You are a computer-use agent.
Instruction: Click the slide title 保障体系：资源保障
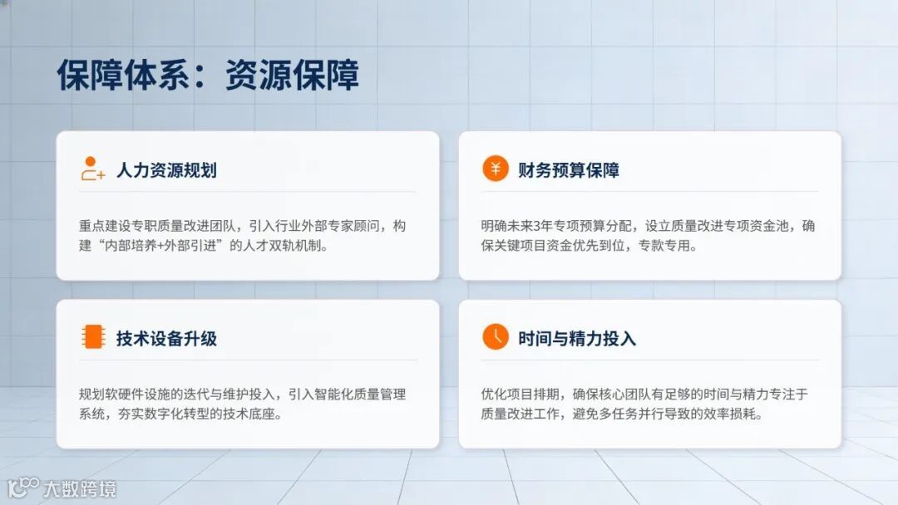(208, 76)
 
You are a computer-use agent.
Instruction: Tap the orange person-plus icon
(92, 169)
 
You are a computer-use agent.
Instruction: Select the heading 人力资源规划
(166, 170)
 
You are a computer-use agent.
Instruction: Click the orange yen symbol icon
(495, 169)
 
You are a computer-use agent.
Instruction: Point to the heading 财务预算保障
(568, 170)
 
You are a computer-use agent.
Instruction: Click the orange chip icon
(92, 336)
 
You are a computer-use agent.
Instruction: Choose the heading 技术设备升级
(166, 338)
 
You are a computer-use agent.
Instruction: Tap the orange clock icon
(495, 336)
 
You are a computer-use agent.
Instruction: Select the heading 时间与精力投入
(576, 338)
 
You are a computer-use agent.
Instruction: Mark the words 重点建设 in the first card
(106, 226)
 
